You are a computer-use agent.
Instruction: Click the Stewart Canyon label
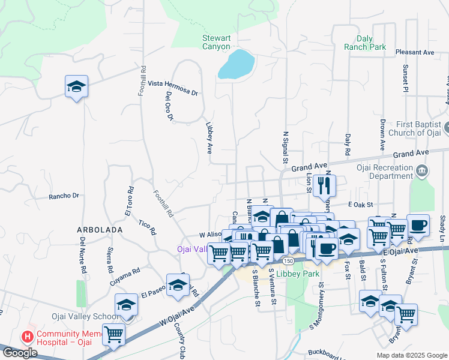[x=215, y=42]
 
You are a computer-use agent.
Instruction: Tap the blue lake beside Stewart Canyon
[x=237, y=64]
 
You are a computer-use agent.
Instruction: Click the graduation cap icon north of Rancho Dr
[x=76, y=86]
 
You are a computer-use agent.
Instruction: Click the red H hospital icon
[x=26, y=337]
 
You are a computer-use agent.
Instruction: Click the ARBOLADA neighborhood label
[x=100, y=230]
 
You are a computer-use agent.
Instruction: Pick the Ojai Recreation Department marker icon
[x=423, y=172]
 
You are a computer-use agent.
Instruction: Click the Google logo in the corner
[x=19, y=353]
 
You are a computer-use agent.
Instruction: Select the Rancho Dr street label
[x=64, y=196]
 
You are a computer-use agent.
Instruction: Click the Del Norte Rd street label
[x=83, y=255]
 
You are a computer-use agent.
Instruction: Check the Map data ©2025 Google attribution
[x=411, y=355]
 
